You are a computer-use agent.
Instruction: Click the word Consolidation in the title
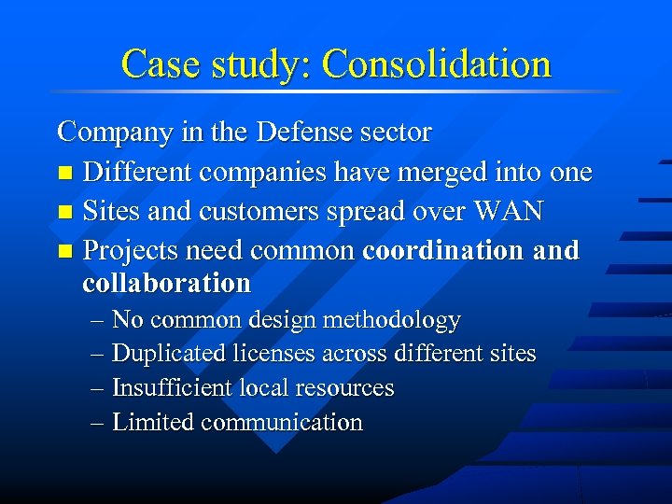click(x=436, y=64)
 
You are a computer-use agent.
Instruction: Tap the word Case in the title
click(x=153, y=64)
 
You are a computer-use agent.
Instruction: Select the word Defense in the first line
click(x=299, y=133)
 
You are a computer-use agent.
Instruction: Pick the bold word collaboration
click(x=166, y=283)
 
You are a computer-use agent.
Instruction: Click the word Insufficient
click(x=170, y=387)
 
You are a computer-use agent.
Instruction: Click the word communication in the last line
click(x=281, y=422)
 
